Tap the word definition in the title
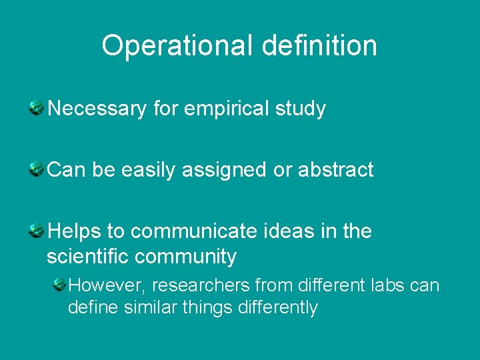320,46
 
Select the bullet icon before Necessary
37,107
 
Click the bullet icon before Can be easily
37,168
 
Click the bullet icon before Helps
37,231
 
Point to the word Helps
75,231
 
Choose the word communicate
194,231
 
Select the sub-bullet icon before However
59,284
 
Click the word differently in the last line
273,308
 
